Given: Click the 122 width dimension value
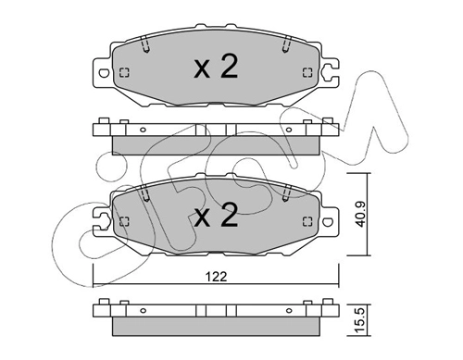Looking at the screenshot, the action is (x=216, y=277).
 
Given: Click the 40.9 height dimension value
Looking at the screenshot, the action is (x=360, y=215).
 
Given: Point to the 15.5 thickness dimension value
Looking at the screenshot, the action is (x=360, y=320).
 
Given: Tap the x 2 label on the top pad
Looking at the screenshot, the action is (x=216, y=67).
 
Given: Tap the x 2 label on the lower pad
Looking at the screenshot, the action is (x=216, y=215).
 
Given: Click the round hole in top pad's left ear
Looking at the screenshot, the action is (x=104, y=73).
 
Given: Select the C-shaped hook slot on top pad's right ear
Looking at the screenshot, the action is (x=327, y=72).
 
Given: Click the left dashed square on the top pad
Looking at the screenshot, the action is (x=124, y=73).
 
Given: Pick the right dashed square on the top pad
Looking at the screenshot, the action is (x=307, y=72).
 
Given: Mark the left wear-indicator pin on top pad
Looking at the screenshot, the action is (x=144, y=44).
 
